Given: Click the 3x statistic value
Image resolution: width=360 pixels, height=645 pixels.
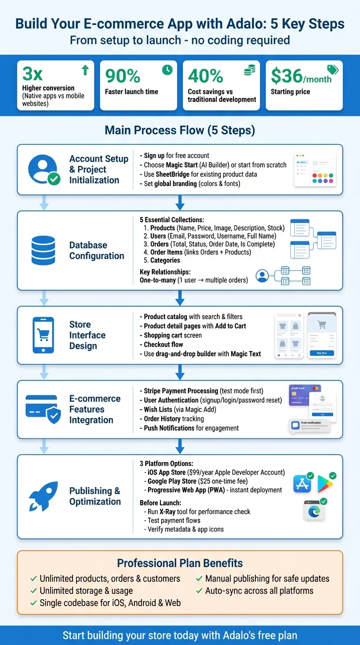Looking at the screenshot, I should pyautogui.click(x=33, y=74).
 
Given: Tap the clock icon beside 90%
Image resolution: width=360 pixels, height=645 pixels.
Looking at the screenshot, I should pyautogui.click(x=167, y=70).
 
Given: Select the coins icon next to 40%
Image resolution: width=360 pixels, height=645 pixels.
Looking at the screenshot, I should pyautogui.click(x=250, y=71).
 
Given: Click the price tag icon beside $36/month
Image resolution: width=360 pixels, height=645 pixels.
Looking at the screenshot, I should pyautogui.click(x=332, y=70).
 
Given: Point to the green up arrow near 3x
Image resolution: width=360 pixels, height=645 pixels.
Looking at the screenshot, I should pyautogui.click(x=85, y=70).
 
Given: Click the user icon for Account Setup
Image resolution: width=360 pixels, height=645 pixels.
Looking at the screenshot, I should pyautogui.click(x=44, y=170).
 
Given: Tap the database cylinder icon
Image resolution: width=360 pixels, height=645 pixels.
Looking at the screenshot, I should pyautogui.click(x=44, y=250).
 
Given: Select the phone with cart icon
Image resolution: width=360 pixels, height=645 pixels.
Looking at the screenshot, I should pyautogui.click(x=44, y=335).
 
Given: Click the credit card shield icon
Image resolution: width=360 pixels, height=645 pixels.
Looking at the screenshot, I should pyautogui.click(x=44, y=409).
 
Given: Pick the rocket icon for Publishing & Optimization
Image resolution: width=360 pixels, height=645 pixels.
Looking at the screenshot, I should pyautogui.click(x=44, y=496).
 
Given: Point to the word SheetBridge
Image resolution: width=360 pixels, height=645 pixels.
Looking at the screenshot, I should pyautogui.click(x=173, y=174).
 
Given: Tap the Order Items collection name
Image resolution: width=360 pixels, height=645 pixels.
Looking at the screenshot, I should pyautogui.click(x=166, y=252).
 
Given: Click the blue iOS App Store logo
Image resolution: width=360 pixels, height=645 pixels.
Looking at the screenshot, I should pyautogui.click(x=302, y=484).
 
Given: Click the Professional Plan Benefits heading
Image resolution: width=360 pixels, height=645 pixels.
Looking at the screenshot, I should pyautogui.click(x=180, y=563).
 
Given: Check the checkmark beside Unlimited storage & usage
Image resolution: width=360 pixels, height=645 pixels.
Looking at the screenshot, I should pyautogui.click(x=34, y=591).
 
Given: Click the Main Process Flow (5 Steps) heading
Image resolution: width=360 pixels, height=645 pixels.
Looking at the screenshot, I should pyautogui.click(x=180, y=130).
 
